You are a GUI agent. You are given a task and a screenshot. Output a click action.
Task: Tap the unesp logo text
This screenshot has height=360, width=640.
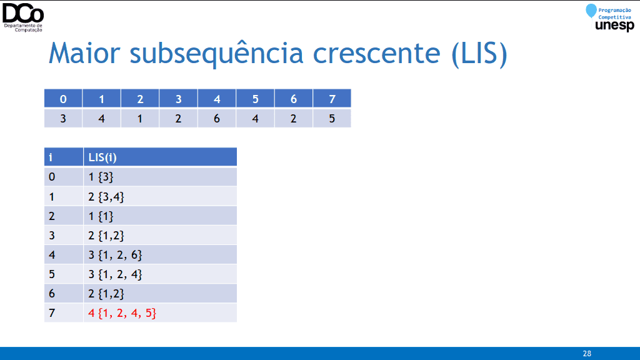[x=615, y=25]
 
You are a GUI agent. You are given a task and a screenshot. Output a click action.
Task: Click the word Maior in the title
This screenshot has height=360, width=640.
[x=84, y=53]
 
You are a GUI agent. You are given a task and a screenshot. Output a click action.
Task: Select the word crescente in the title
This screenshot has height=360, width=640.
[x=377, y=54]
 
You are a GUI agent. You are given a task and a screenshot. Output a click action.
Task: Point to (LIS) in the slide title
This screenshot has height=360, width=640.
[x=479, y=54]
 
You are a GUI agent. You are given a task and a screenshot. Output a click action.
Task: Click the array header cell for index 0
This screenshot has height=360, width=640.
[x=63, y=98]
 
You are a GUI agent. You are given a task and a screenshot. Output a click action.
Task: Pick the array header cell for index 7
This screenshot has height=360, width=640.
[x=332, y=98]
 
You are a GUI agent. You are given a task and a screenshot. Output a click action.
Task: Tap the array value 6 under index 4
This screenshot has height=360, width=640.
[x=217, y=118]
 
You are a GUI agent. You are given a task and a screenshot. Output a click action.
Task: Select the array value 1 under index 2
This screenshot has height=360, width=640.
[x=140, y=118]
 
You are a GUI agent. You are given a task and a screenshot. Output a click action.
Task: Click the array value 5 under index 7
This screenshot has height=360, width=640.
[x=332, y=118]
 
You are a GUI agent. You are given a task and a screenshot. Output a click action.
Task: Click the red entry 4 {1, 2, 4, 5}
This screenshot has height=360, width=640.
[x=122, y=313]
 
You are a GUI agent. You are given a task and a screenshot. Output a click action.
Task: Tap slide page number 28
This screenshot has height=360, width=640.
[x=587, y=354]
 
